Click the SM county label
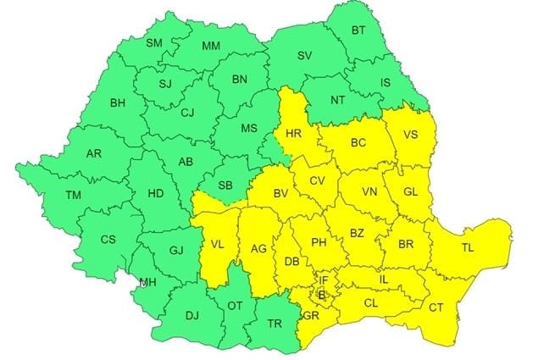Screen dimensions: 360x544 [x=154, y=43]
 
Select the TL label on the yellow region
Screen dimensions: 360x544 [x=468, y=248]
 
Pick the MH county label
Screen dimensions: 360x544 [x=147, y=282]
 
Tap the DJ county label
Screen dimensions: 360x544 [x=192, y=316]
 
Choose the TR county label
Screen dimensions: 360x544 [x=275, y=324]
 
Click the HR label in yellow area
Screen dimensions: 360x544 [x=294, y=134]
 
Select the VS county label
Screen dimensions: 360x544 [x=409, y=134]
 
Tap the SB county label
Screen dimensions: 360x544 [x=226, y=186]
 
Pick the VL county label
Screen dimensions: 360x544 [x=218, y=245]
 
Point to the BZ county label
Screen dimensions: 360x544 [x=357, y=232]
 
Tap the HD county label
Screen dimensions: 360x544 [x=156, y=193]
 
